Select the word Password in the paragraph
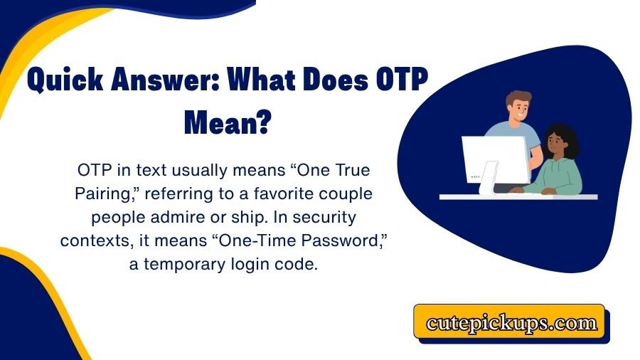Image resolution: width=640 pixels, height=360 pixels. point(341,240)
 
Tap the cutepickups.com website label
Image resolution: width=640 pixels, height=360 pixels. point(511,322)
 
